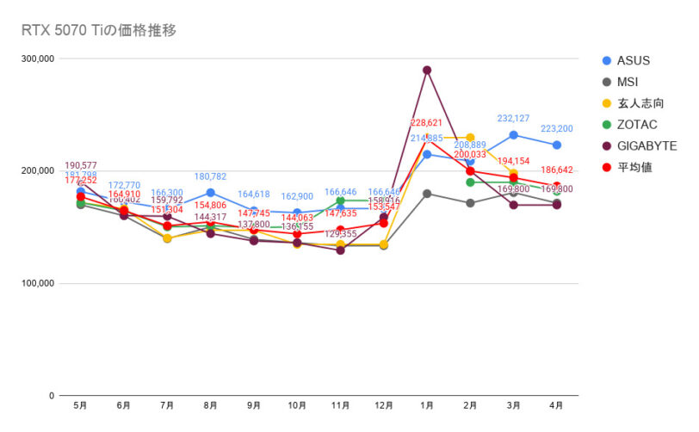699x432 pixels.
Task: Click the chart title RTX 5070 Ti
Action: click(98, 31)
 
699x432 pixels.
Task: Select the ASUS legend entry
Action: click(633, 60)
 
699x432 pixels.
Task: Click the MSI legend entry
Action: click(627, 82)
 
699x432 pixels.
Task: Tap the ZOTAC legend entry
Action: click(636, 125)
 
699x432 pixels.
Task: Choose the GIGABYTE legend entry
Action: click(646, 145)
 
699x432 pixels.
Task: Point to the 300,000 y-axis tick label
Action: click(37, 59)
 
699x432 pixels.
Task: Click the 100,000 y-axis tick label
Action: click(37, 283)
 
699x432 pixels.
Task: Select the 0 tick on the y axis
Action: click(51, 396)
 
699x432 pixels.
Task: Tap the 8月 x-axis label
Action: click(210, 404)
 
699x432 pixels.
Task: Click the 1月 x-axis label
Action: click(427, 404)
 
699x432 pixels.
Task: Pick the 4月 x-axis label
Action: click(557, 404)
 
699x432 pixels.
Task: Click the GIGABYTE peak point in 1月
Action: click(427, 71)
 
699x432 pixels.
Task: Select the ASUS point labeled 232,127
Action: click(514, 135)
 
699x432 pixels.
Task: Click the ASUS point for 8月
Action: click(210, 193)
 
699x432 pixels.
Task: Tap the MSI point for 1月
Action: click(427, 194)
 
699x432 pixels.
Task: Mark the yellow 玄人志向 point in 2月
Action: click(470, 138)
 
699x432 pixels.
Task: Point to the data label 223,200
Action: click(557, 128)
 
